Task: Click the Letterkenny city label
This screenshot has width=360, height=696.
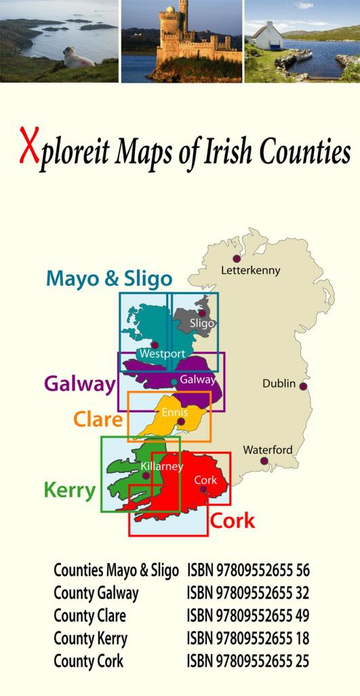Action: [250, 271]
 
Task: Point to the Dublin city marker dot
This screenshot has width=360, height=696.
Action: [303, 386]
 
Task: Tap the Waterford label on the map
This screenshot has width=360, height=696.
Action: [268, 450]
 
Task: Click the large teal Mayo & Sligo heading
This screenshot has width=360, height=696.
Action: [109, 278]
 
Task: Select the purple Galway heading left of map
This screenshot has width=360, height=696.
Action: [80, 384]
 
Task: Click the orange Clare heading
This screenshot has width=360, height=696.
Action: [98, 419]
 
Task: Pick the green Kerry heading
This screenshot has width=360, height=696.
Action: [69, 490]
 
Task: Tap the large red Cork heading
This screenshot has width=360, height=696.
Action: [233, 521]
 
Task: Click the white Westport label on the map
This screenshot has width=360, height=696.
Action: [162, 354]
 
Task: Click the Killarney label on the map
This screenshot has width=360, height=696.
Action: [162, 467]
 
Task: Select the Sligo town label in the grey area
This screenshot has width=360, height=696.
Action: [202, 324]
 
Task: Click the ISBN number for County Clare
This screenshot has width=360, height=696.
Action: [248, 616]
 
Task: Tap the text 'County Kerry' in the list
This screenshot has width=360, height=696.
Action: [90, 638]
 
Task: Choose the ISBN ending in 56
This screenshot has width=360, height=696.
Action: [248, 570]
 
